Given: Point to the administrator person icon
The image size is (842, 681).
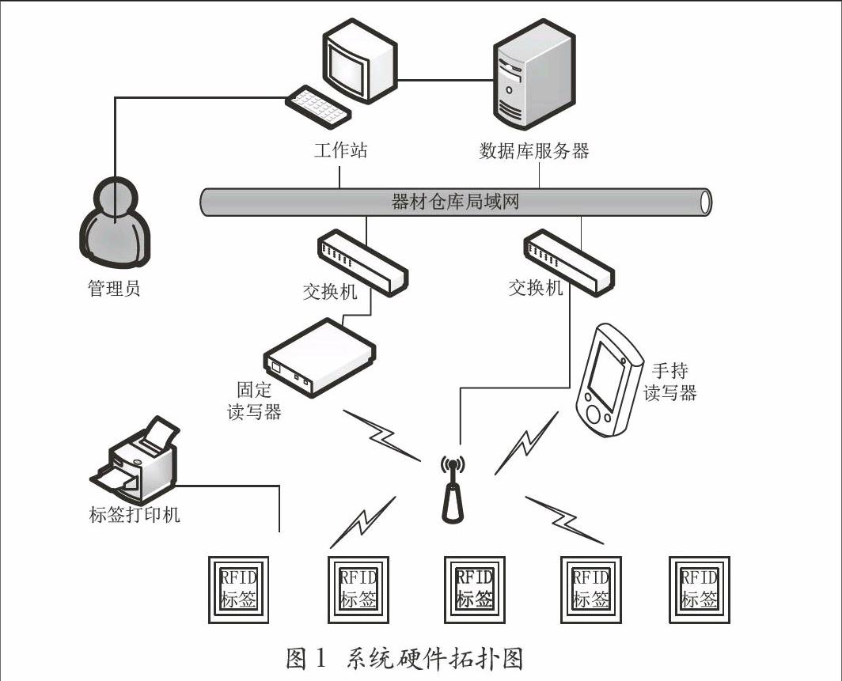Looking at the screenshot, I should pos(115,223).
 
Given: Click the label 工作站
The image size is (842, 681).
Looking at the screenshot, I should pos(340,150).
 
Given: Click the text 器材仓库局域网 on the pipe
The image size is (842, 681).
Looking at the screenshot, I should pos(455,201).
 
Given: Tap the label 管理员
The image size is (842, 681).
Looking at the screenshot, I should pos(114,288).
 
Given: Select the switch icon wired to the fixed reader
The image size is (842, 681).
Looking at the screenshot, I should pos(363,260).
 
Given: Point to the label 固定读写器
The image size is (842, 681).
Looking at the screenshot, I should pos(260,400).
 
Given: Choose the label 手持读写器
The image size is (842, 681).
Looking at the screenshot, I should pos(669,382).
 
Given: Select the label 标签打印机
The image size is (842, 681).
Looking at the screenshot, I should pos(135,515).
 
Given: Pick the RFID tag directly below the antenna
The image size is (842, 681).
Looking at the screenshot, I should pos(474,588).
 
